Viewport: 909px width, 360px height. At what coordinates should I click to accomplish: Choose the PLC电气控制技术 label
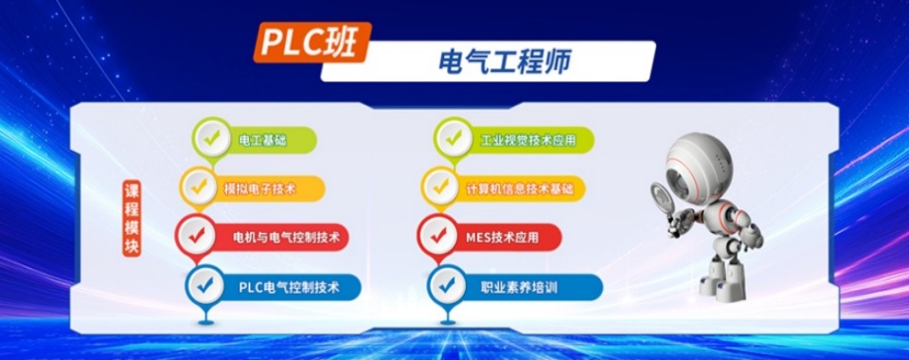pos(289,285)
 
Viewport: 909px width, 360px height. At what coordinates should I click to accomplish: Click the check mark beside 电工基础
pos(210,137)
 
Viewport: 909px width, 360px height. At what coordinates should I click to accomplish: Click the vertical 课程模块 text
pos(132,219)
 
